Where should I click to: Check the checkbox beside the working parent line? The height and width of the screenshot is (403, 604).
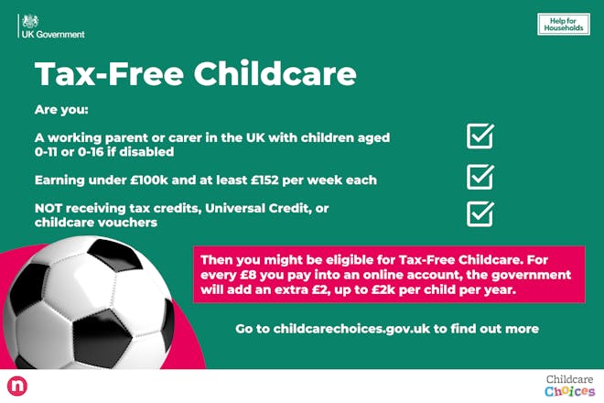pos(480,136)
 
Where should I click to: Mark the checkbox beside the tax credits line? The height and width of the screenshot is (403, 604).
pos(480,212)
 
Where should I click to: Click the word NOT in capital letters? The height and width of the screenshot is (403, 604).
pos(51,208)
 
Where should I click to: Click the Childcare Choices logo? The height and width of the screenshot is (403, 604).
pos(569,385)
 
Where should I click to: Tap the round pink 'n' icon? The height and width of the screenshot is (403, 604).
pos(16,386)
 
